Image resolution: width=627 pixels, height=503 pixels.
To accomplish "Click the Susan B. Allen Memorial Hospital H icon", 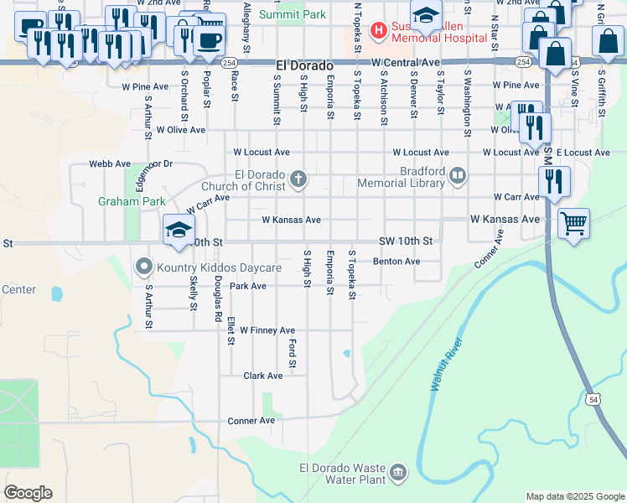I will coord(379,31).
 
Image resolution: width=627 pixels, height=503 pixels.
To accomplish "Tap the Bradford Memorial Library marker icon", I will coord(458,176).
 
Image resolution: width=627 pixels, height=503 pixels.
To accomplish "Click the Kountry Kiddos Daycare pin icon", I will coord(143,267).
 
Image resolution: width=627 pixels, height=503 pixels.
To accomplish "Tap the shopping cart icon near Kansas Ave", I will coord(573,224).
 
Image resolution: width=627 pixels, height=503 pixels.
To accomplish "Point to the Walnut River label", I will coord(447,365).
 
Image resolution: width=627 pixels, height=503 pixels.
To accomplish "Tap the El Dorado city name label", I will coord(304,65).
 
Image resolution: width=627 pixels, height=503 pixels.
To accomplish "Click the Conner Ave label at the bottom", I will coord(251,420).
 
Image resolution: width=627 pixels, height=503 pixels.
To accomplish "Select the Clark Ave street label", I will coord(262,376).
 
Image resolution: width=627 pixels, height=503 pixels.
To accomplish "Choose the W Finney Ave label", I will coord(267,330).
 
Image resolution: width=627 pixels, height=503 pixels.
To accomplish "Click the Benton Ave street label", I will coord(396,262).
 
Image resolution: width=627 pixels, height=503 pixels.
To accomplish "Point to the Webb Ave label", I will coord(111,164).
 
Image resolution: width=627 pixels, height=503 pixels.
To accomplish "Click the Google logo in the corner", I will coord(28,493).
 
